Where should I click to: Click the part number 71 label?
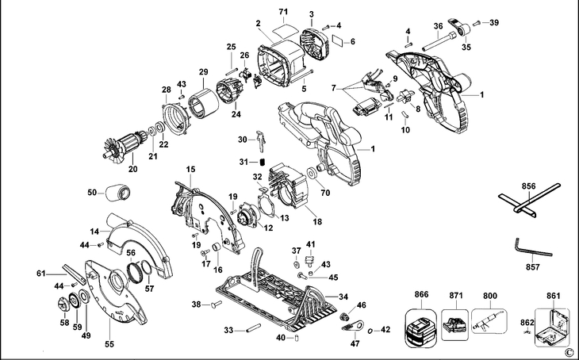(x=282, y=12)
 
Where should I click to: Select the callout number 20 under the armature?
(x=132, y=168)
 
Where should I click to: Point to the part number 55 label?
(x=110, y=345)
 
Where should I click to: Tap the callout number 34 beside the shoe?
(x=343, y=297)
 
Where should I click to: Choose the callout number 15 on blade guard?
(x=190, y=170)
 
